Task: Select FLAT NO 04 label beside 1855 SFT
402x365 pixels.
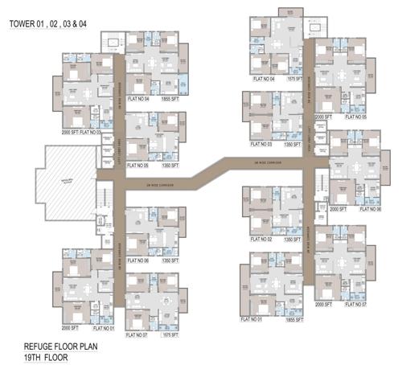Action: coord(142,98)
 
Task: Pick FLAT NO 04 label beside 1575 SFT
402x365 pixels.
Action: coord(263,79)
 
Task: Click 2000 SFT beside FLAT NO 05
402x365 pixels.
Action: coord(323,117)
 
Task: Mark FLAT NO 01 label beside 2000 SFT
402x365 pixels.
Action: coord(102,328)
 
